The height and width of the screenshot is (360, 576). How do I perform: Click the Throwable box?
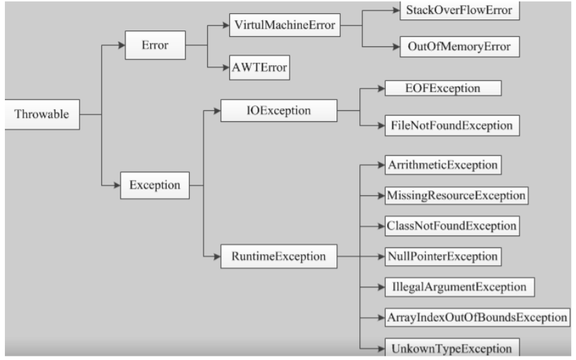click(42, 114)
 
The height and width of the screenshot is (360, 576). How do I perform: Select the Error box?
click(155, 45)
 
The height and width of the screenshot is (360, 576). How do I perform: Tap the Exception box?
click(154, 186)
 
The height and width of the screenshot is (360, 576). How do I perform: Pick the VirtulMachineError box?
click(285, 25)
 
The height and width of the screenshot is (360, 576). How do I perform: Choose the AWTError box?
click(260, 68)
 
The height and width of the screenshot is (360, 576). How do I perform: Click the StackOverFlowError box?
click(460, 10)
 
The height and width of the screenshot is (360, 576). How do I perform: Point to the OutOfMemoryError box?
click(460, 46)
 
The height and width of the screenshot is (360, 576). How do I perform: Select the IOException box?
click(278, 110)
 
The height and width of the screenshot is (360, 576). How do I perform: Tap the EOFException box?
click(443, 88)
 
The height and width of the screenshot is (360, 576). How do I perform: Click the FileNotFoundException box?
click(452, 125)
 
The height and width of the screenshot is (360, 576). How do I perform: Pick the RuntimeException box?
click(278, 256)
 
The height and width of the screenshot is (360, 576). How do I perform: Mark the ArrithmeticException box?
click(443, 165)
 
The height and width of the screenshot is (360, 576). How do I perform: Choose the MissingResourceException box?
click(456, 195)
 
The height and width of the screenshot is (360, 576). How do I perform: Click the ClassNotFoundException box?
click(452, 226)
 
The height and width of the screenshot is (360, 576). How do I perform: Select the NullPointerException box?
click(443, 256)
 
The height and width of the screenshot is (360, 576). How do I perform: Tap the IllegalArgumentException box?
click(460, 287)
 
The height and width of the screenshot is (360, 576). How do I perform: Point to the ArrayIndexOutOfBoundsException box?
click(477, 317)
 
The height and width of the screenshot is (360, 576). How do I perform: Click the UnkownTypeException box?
click(452, 348)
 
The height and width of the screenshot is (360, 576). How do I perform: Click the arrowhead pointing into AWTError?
click(226, 67)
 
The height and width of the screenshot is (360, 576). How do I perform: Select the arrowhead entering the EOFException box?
click(381, 88)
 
